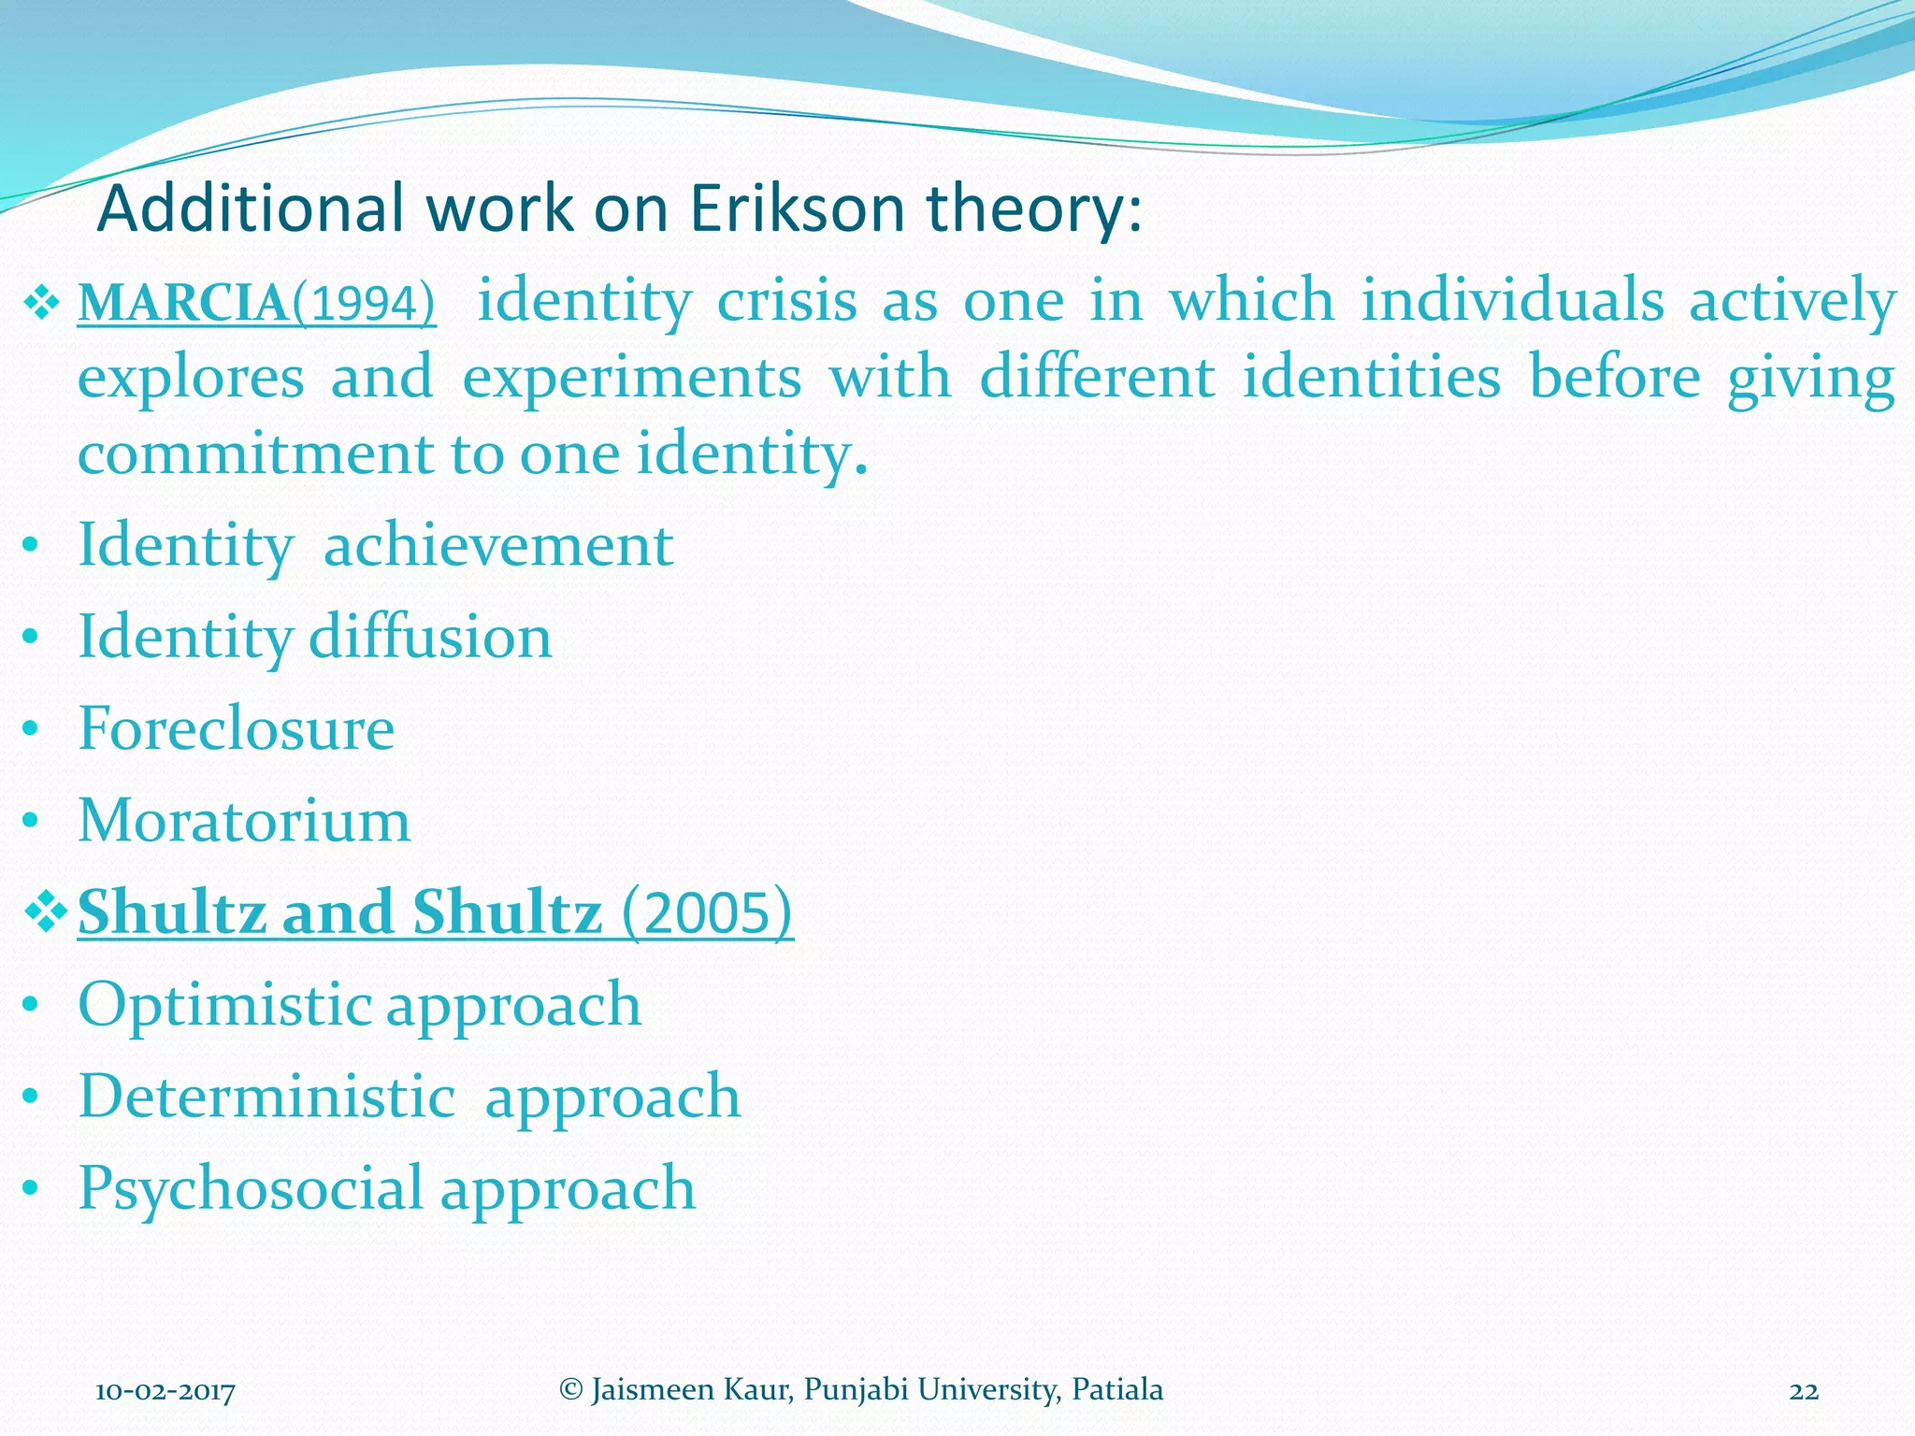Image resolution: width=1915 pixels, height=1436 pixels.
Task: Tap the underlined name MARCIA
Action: tap(183, 304)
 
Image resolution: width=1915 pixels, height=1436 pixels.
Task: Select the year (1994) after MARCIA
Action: tap(364, 304)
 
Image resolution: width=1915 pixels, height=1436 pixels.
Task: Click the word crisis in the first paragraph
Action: tap(786, 301)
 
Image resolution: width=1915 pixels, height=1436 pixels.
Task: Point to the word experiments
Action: tap(632, 378)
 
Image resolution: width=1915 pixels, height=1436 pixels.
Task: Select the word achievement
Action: tap(497, 545)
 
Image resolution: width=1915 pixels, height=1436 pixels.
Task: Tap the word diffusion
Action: tap(430, 637)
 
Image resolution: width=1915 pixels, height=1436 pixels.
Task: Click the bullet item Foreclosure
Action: tap(236, 728)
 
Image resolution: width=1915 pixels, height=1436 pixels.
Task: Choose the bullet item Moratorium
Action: tap(244, 821)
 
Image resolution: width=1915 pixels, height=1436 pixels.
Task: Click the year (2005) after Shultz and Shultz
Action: tap(707, 912)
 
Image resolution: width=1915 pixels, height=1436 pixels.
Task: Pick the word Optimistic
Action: tap(225, 1004)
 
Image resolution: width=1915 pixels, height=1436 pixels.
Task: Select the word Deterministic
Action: tap(267, 1096)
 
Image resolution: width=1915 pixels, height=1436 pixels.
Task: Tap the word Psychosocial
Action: tap(251, 1189)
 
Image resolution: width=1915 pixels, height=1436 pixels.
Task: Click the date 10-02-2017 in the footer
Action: tap(166, 1392)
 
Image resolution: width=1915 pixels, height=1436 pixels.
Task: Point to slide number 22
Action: tap(1804, 1392)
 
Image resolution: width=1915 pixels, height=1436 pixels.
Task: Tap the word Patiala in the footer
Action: tap(1117, 1390)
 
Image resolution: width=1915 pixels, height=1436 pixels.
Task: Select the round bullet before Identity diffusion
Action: tap(31, 638)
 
